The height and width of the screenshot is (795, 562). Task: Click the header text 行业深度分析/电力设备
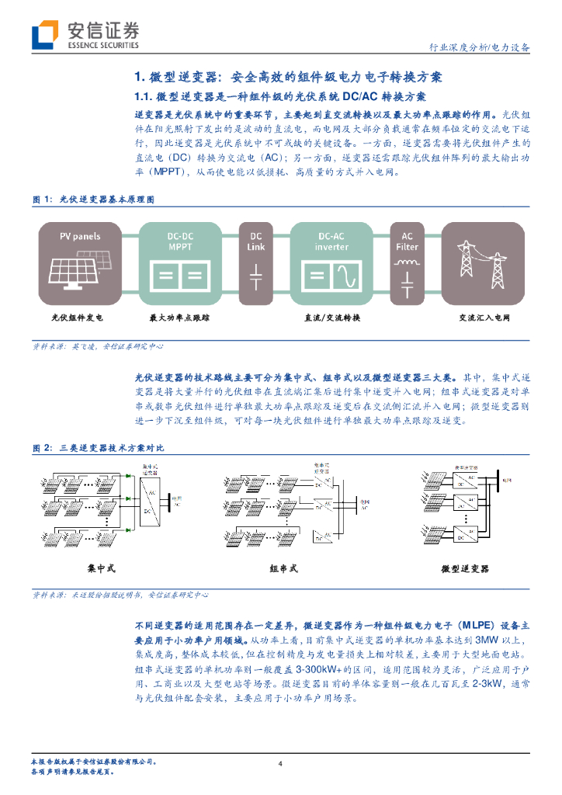point(480,47)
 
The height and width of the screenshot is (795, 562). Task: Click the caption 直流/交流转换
point(331,318)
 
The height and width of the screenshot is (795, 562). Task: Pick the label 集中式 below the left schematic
point(102,569)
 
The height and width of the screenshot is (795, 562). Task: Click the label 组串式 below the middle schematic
point(283,569)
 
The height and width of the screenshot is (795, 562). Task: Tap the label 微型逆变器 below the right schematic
point(465,569)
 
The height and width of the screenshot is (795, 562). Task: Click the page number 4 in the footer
point(281,765)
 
